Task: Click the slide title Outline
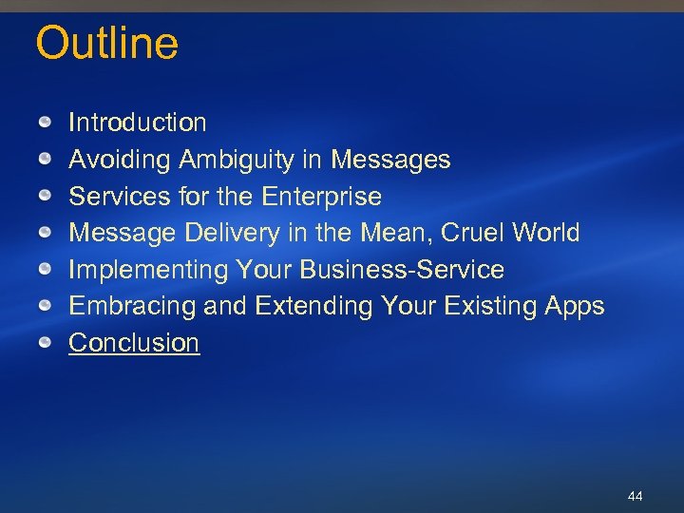point(106,44)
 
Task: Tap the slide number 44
point(636,496)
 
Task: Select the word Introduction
point(137,123)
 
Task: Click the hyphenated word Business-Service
point(402,270)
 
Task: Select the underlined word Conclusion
point(134,343)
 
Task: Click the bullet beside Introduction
point(46,123)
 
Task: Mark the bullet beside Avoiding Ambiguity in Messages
point(46,160)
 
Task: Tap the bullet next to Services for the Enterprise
point(46,197)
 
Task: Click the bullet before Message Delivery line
point(46,233)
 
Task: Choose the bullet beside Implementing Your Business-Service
point(46,270)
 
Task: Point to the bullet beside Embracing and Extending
point(46,306)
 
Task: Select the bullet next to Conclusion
point(46,343)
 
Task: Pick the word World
point(544,233)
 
